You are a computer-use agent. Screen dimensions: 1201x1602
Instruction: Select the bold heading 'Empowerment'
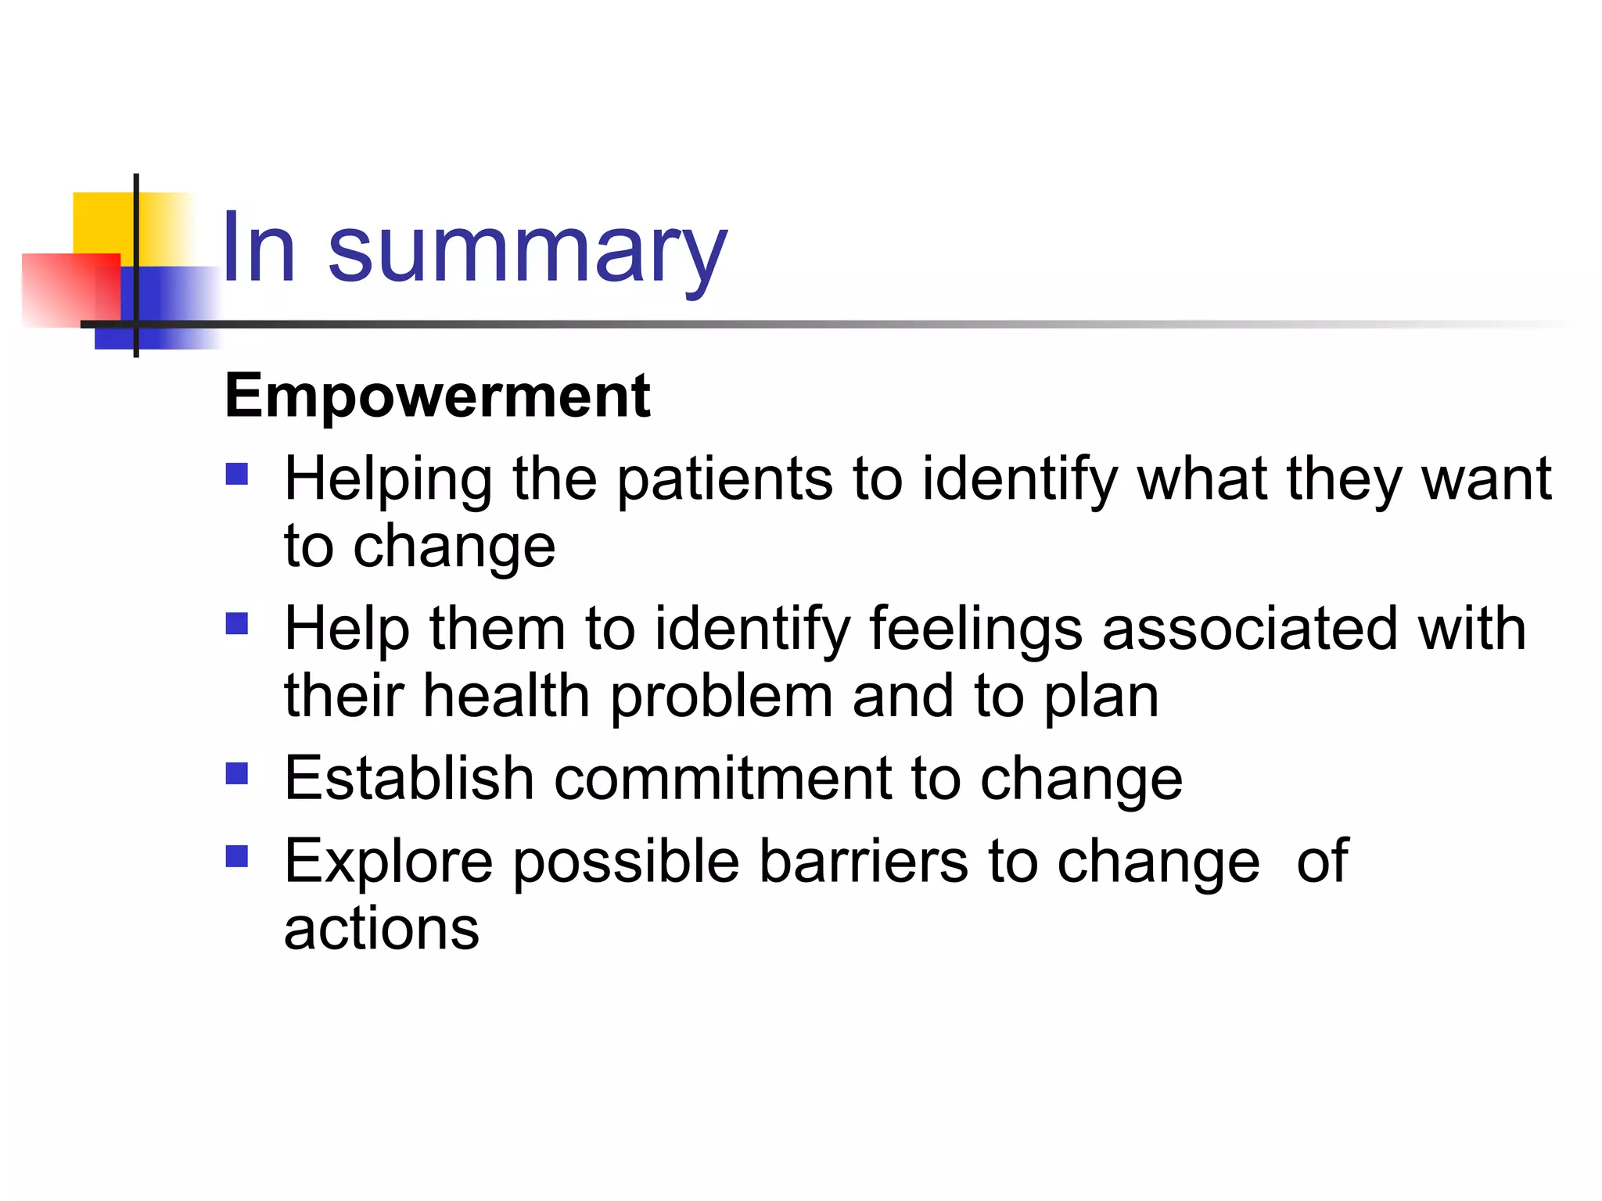437,396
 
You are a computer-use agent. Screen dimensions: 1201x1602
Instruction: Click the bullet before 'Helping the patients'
237,475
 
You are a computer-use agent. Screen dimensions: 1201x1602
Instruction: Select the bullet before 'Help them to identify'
237,623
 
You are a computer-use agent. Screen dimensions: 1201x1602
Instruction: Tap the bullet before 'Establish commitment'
237,773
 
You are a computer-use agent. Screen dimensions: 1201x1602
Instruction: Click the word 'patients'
724,479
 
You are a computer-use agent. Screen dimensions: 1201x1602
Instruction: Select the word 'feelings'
975,629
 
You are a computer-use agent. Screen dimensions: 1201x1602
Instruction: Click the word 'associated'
1249,629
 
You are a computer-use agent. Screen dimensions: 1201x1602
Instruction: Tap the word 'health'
506,696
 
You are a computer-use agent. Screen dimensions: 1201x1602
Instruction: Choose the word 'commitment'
723,779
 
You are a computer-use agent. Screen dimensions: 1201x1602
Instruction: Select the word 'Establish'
409,779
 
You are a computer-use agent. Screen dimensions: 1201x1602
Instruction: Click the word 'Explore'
388,862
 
